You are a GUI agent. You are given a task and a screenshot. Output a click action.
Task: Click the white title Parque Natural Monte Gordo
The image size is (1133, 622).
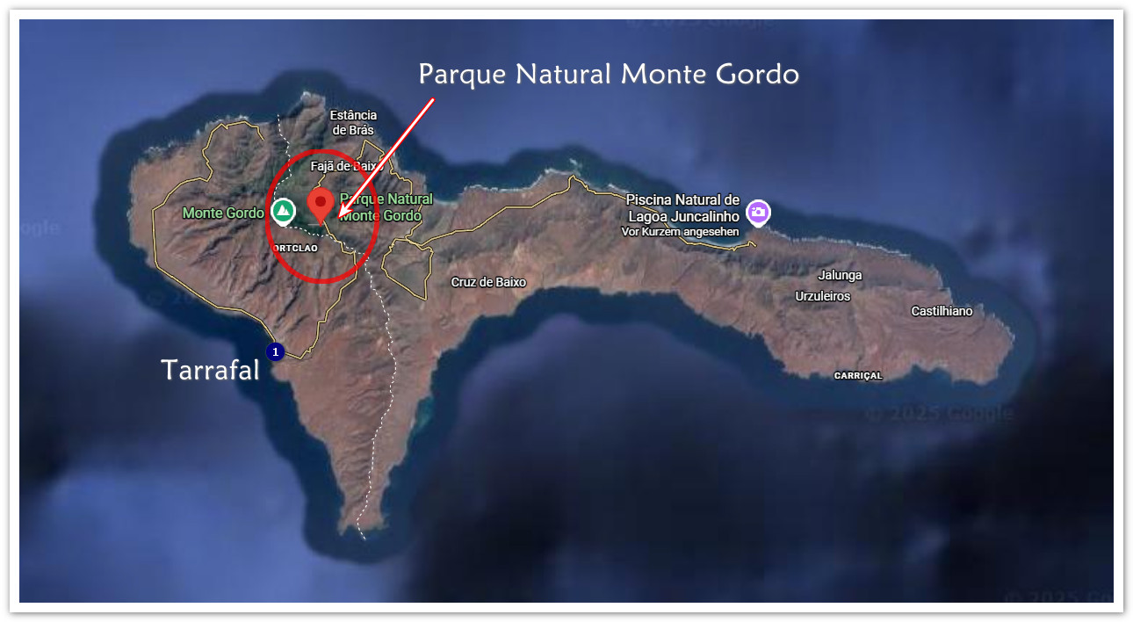[x=608, y=75]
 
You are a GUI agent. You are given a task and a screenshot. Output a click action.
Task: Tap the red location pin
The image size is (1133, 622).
[x=321, y=205]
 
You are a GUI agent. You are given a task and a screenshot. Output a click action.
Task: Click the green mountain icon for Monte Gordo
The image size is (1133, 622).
[x=283, y=211]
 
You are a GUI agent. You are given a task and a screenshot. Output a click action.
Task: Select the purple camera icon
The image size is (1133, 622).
[x=758, y=212]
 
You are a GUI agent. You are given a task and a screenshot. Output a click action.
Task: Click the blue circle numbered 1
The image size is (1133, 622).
[x=276, y=351]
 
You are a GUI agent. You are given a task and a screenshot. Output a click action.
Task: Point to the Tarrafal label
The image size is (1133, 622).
[x=211, y=371]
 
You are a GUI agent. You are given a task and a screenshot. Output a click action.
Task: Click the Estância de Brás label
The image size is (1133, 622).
[x=353, y=123]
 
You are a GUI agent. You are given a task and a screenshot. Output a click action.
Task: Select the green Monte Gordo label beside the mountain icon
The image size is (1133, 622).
[x=223, y=213]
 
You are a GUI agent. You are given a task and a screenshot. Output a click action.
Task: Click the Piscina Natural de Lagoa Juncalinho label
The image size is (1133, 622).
[x=683, y=207]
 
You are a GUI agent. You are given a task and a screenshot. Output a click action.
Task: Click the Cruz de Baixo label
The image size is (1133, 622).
[x=488, y=282]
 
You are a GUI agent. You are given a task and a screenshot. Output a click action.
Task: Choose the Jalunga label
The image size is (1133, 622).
[x=840, y=275]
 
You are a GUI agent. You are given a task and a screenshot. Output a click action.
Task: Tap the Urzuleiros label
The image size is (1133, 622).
[x=823, y=296]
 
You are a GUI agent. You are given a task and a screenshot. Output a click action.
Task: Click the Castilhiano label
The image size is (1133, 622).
[x=942, y=311]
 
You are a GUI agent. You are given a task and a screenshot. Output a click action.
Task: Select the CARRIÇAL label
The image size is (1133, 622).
[x=857, y=375]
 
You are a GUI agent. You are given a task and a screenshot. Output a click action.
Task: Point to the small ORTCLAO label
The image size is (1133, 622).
[x=295, y=248]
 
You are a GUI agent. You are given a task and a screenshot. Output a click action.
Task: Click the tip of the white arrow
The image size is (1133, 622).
[x=339, y=213]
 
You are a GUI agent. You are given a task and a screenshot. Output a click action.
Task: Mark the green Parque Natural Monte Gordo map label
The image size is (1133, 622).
[x=385, y=207]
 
